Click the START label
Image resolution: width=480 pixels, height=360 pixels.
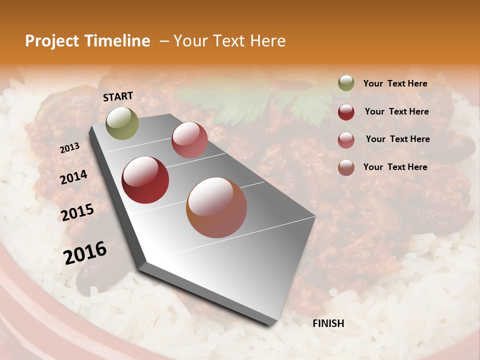pyautogui.click(x=118, y=96)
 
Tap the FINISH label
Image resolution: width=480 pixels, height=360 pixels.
pyautogui.click(x=328, y=323)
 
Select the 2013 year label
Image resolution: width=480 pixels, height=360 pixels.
pyautogui.click(x=69, y=148)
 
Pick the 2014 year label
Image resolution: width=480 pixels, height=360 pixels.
pyautogui.click(x=73, y=177)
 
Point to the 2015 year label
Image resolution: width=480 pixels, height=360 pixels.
pyautogui.click(x=77, y=212)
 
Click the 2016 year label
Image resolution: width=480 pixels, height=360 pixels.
pyautogui.click(x=85, y=253)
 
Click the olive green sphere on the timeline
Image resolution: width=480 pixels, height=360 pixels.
pyautogui.click(x=122, y=123)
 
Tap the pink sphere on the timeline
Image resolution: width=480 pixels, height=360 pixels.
pyautogui.click(x=189, y=140)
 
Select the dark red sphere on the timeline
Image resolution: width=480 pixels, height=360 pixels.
pyautogui.click(x=145, y=180)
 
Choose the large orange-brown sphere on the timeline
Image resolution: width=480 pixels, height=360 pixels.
pyautogui.click(x=216, y=207)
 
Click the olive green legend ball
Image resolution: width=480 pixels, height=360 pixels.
pyautogui.click(x=346, y=83)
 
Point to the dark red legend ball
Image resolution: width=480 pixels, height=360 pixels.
pyautogui.click(x=346, y=111)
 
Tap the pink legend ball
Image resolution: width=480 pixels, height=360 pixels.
pyautogui.click(x=346, y=139)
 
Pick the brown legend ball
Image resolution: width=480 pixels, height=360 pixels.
pyautogui.click(x=346, y=167)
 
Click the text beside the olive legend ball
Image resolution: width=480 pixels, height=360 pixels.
pyautogui.click(x=395, y=84)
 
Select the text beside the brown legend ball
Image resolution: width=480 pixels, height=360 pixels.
pyautogui.click(x=395, y=167)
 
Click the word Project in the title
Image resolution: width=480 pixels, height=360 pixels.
pyautogui.click(x=51, y=41)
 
